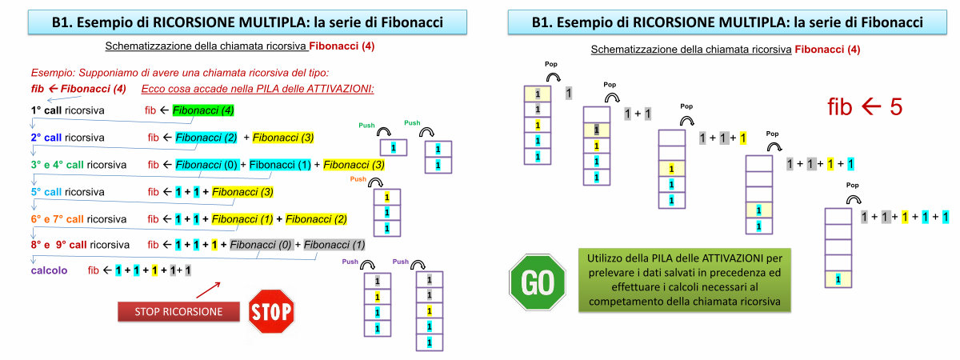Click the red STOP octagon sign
tap(271, 310)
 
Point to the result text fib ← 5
tap(866, 107)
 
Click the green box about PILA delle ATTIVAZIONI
tap(683, 280)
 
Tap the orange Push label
tap(358, 180)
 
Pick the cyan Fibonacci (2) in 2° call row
tap(207, 138)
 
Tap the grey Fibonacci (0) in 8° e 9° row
tap(259, 245)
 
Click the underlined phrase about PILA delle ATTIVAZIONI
tap(258, 88)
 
